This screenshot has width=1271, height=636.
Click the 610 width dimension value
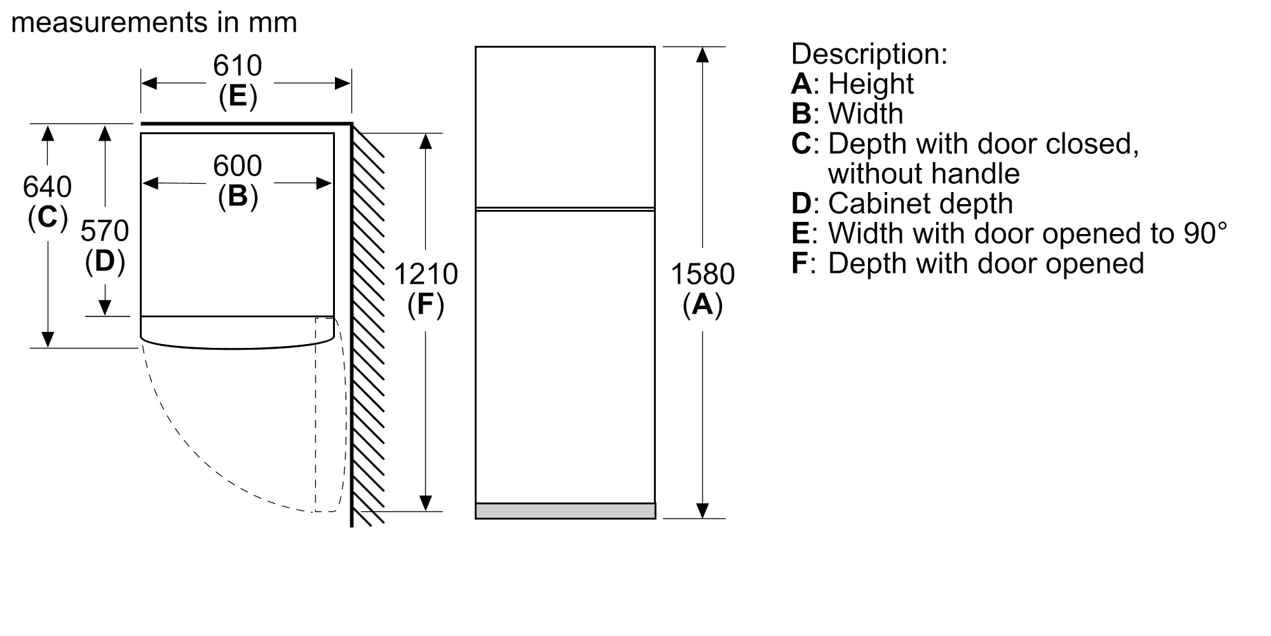pos(237,66)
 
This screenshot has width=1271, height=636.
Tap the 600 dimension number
pos(237,166)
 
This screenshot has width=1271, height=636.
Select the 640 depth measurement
pos(47,187)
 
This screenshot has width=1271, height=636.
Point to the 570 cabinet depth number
pos(105,231)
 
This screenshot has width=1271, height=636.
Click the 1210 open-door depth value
pos(425,274)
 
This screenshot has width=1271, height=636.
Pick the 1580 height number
pos(702,274)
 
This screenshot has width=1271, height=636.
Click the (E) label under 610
pos(238,96)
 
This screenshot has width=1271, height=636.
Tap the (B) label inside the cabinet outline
pos(238,196)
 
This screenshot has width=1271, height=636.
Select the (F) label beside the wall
pos(425,305)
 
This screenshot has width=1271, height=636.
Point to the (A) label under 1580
pos(702,305)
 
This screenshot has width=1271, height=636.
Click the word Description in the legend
pos(869,54)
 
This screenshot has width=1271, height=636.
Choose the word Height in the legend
pos(871,84)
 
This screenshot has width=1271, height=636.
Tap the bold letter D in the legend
pos(801,204)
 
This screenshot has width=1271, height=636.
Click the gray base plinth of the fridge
pos(565,511)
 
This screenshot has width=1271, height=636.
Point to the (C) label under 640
pos(47,218)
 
